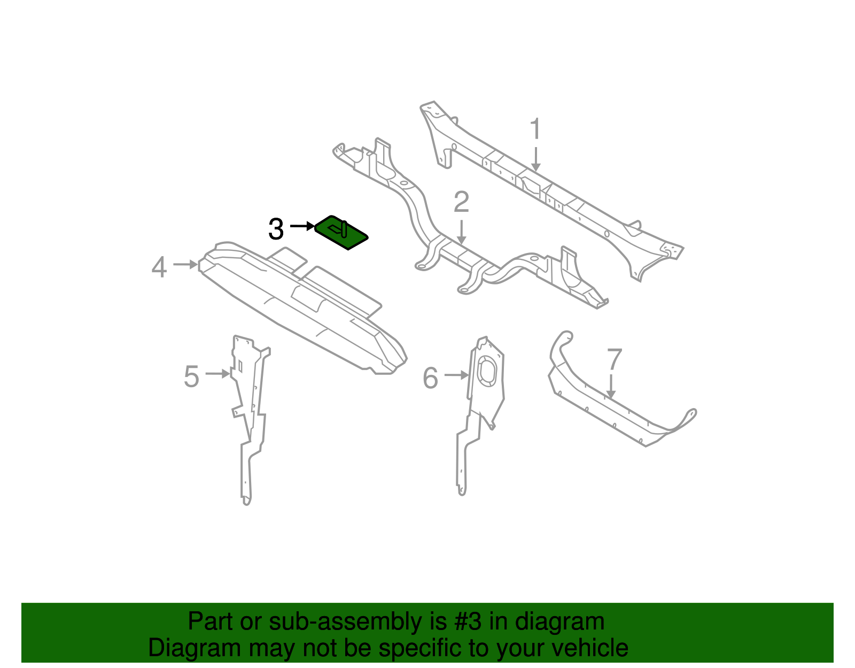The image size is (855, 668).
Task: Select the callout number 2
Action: (x=461, y=202)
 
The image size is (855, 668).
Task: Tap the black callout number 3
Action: (x=276, y=229)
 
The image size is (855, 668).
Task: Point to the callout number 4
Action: (x=159, y=267)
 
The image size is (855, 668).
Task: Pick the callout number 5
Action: (x=191, y=377)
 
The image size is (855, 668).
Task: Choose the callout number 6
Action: (x=430, y=378)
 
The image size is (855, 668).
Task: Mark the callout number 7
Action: (x=615, y=360)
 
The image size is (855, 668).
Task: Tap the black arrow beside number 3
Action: (x=302, y=227)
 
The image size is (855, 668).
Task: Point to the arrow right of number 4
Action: (x=185, y=264)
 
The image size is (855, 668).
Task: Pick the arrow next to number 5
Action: (x=217, y=373)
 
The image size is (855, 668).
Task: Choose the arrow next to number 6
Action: (x=456, y=375)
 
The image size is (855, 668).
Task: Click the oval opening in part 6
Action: (x=487, y=370)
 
